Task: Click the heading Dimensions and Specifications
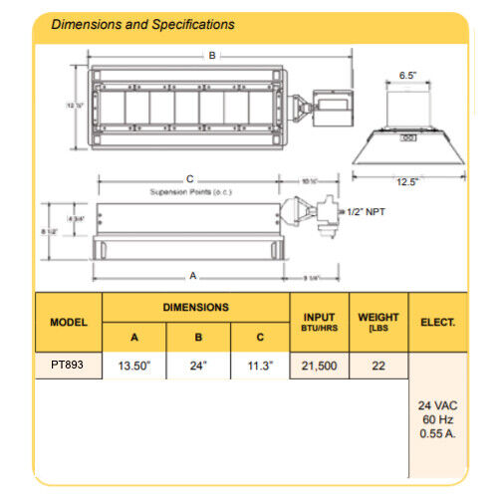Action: pos(143,24)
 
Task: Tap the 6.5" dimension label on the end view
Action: pos(407,75)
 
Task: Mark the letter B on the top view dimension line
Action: pos(211,57)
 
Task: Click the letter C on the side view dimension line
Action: pos(189,179)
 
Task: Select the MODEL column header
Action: pos(69,323)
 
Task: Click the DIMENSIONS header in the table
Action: pos(196,308)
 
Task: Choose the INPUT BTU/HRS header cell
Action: pos(320,323)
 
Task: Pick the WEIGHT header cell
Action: pos(378,322)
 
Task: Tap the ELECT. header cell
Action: pos(438,323)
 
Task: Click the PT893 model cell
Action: pos(69,366)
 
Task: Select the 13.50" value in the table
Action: pos(133,367)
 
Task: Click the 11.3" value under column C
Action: pos(259,367)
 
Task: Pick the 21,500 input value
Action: pos(320,367)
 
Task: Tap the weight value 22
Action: pos(378,367)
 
